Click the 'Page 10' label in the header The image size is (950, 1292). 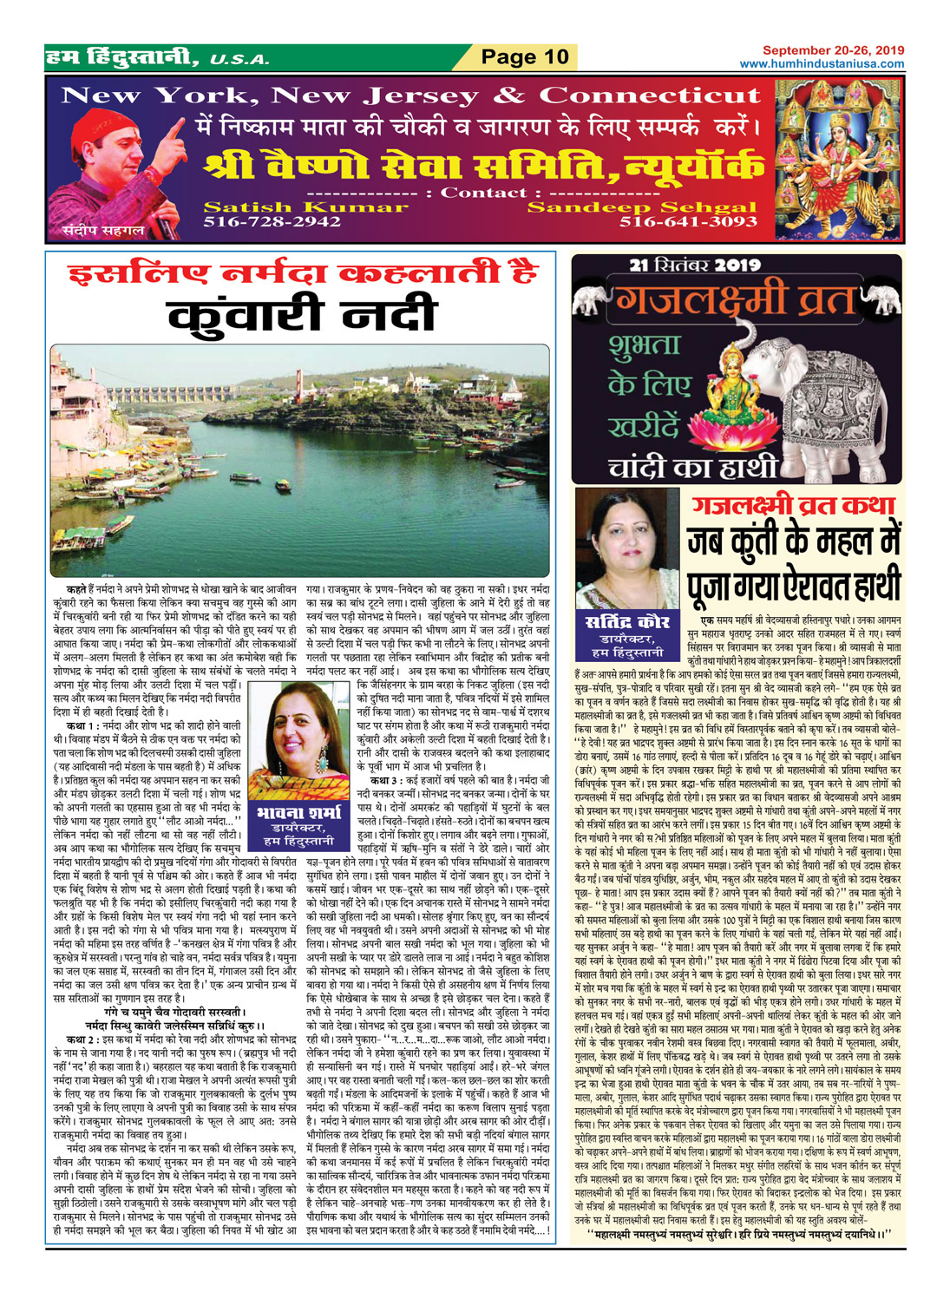525,58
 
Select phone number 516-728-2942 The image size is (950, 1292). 272,222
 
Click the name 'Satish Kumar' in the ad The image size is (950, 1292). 286,207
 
